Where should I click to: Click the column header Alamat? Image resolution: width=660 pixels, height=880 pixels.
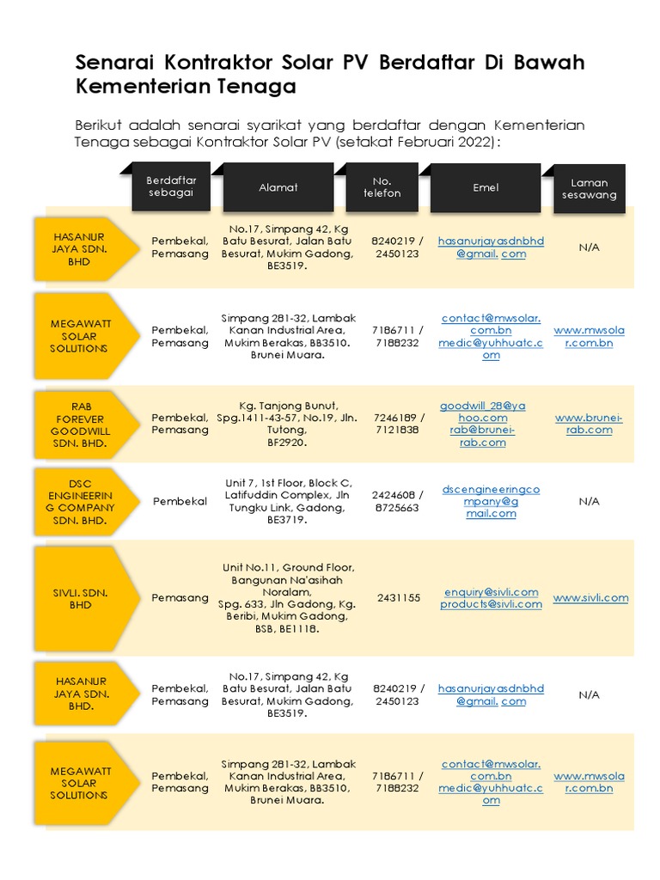click(x=278, y=187)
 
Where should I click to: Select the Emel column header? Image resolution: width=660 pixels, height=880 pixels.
click(x=486, y=187)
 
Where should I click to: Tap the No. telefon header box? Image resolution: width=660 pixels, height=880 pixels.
click(x=382, y=187)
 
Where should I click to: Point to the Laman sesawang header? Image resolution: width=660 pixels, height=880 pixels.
click(x=589, y=189)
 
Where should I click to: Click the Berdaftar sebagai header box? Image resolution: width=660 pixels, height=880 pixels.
click(x=171, y=186)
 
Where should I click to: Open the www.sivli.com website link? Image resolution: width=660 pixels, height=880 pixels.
click(x=590, y=598)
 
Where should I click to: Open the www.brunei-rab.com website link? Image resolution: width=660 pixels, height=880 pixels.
click(x=589, y=424)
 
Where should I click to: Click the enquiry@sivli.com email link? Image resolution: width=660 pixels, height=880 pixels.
click(x=491, y=592)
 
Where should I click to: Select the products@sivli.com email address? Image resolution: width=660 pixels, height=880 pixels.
click(x=491, y=604)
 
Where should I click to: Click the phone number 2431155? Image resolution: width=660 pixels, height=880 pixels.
click(x=398, y=598)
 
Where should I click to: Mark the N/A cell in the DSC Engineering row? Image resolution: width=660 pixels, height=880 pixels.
click(x=589, y=501)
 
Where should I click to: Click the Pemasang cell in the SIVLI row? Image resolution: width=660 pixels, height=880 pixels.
click(x=180, y=598)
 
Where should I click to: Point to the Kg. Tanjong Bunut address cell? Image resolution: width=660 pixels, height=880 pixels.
click(x=288, y=424)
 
